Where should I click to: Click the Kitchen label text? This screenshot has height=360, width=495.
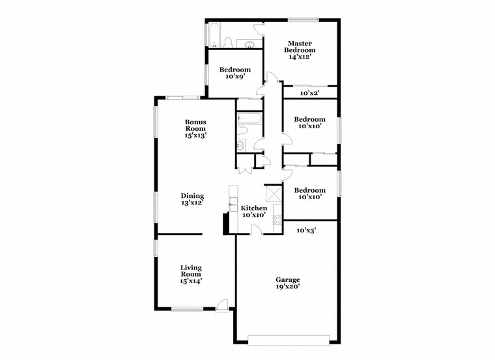click(253, 208)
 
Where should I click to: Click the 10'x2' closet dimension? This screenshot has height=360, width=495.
click(310, 93)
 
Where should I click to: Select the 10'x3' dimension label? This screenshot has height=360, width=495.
click(306, 230)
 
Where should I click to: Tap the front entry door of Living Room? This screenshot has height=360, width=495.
click(222, 304)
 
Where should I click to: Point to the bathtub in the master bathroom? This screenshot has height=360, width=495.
click(213, 36)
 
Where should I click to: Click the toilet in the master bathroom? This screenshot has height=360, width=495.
click(229, 43)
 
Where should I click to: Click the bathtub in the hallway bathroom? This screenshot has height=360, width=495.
click(249, 119)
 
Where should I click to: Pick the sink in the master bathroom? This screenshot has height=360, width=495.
click(249, 44)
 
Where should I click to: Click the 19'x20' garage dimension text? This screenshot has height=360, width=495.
click(287, 285)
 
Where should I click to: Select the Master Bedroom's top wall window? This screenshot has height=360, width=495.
click(304, 19)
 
